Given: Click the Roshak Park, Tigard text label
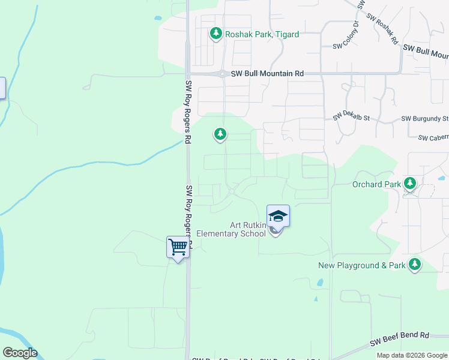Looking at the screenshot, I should pyautogui.click(x=262, y=34).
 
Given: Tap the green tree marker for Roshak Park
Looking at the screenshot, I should pyautogui.click(x=216, y=34).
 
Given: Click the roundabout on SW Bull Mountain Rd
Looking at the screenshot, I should pyautogui.click(x=222, y=74).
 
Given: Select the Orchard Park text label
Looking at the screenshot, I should pyautogui.click(x=376, y=184).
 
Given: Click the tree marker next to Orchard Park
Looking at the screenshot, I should pyautogui.click(x=411, y=183).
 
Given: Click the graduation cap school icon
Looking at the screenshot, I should pyautogui.click(x=278, y=215).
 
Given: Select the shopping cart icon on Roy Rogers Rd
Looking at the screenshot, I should pyautogui.click(x=178, y=247).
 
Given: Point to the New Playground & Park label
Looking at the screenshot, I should pyautogui.click(x=362, y=265).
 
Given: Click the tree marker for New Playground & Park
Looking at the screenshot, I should pyautogui.click(x=414, y=263).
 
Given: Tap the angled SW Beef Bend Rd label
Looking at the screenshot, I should pyautogui.click(x=400, y=339).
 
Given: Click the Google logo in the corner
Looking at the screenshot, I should pyautogui.click(x=20, y=353).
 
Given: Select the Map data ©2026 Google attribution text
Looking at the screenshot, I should pyautogui.click(x=412, y=355).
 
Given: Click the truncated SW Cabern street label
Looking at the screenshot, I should pyautogui.click(x=433, y=137).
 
